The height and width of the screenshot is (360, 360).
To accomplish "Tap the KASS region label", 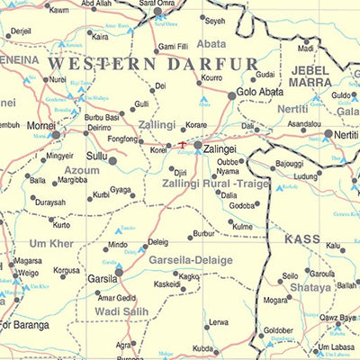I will pos(302,238).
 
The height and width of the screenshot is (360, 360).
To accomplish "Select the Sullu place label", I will pos(96,155).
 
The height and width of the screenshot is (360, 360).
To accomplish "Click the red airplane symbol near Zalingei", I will pos(183,144).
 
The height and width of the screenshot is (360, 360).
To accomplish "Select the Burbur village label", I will pos(204,234).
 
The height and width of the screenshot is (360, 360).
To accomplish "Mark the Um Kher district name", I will pos(50,244).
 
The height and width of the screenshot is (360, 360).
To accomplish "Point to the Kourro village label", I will pos(211,77).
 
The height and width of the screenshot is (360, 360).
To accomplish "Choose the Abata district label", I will pos(211,42).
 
